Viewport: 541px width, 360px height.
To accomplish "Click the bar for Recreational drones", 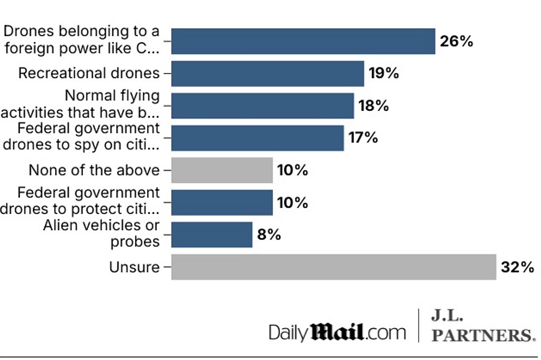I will [267, 74].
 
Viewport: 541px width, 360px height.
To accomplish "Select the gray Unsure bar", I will [333, 267].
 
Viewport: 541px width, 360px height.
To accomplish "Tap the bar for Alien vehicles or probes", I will [212, 235].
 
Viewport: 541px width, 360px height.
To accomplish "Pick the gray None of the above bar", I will [222, 170].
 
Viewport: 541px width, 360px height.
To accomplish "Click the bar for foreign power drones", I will [303, 42].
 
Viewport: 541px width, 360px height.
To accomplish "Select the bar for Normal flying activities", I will [262, 106].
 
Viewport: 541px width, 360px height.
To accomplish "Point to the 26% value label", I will [457, 42].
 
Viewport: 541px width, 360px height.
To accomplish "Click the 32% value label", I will [518, 267].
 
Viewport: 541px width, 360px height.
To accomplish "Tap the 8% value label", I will [269, 235].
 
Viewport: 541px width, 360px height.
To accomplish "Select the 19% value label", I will [384, 74].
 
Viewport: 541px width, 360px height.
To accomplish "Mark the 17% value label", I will [363, 138].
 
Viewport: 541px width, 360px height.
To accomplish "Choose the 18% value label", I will [374, 106].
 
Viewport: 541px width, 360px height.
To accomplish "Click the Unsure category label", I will [134, 267].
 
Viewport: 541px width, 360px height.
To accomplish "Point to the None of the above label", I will [94, 170].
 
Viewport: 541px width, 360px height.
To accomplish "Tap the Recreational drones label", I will [89, 74].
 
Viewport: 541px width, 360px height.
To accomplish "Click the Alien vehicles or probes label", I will [101, 234].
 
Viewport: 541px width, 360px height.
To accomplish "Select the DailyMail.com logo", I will [337, 331].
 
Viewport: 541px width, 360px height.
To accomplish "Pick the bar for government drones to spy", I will [257, 138].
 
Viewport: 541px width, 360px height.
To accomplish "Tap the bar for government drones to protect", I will [222, 203].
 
